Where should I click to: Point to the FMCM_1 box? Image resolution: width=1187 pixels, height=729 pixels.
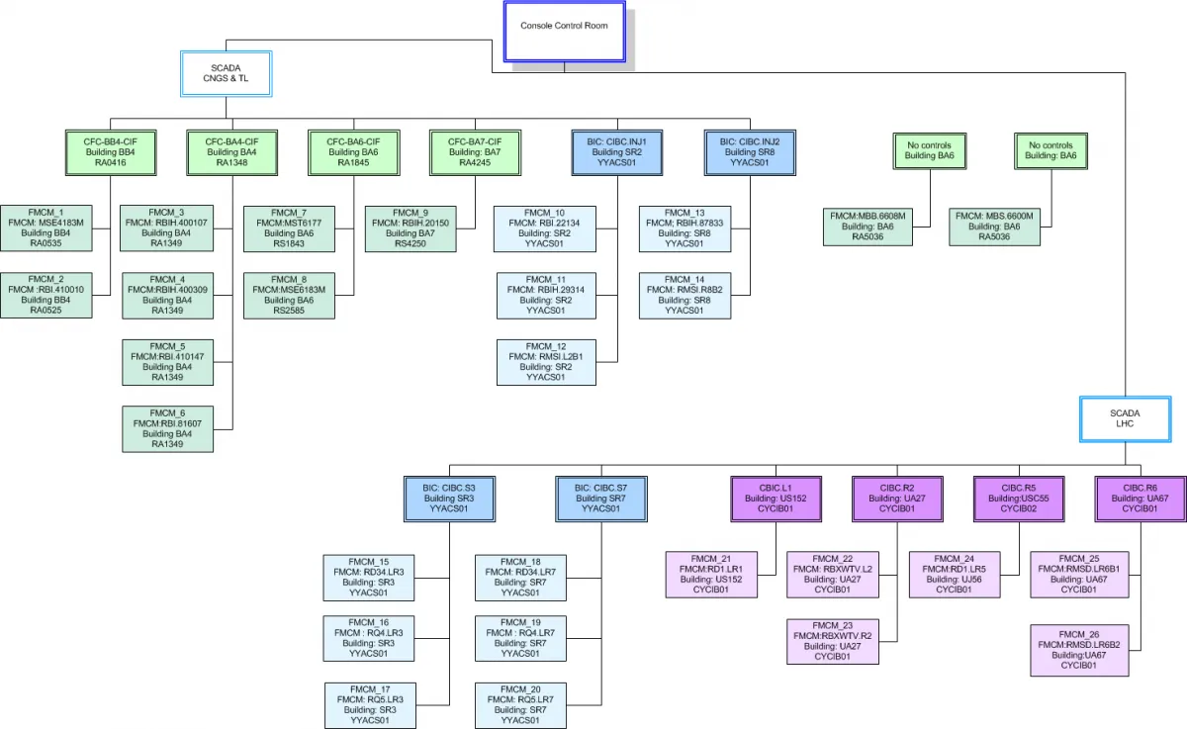point(46,227)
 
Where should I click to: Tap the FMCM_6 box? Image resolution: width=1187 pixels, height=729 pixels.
point(167,428)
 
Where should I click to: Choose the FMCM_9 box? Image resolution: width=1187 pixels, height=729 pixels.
point(411,227)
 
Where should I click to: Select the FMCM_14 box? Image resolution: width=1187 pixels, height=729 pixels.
point(685,295)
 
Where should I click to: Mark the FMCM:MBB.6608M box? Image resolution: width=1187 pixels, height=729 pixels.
point(867,227)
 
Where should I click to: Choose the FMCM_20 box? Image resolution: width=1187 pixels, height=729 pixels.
point(520,704)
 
